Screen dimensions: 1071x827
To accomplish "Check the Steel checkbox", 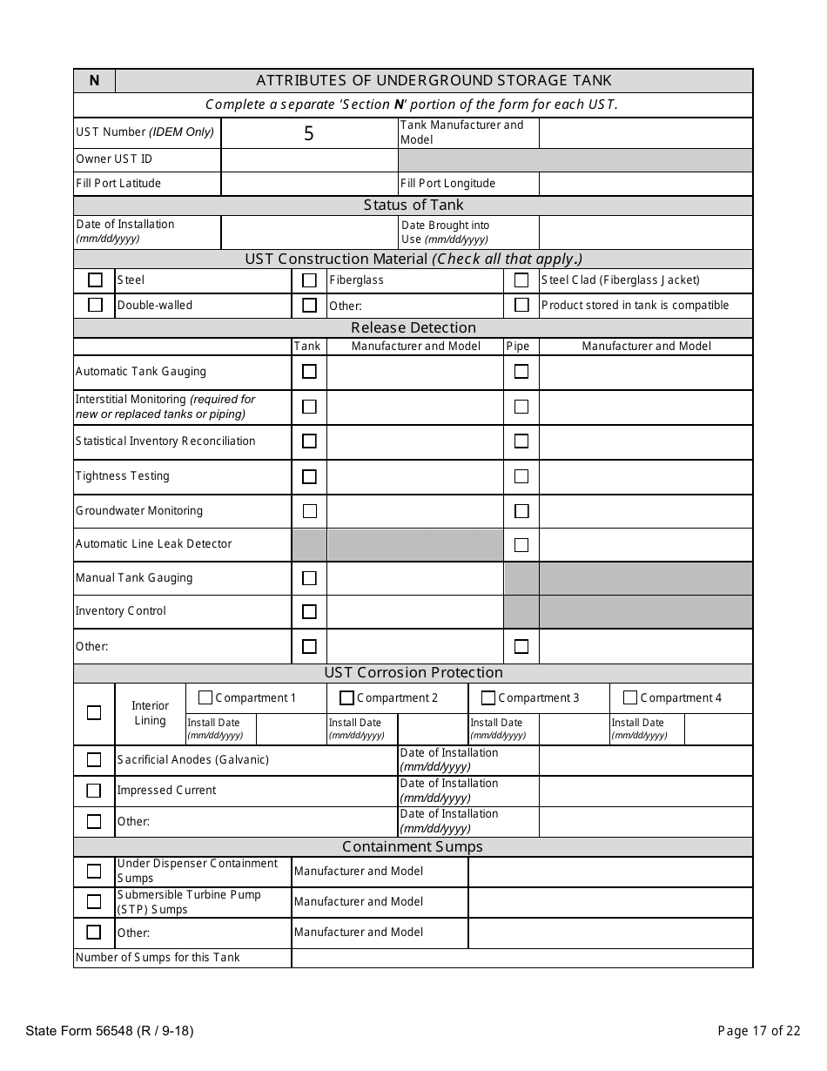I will point(95,280).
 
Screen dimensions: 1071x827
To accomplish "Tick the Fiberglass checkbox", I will point(309,280).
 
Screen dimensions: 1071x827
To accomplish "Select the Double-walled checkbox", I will point(95,306).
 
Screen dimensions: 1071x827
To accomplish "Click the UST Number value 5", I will point(308,134).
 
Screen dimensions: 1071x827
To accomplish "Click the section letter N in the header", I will point(94,81).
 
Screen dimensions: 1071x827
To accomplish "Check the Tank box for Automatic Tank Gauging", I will point(309,372).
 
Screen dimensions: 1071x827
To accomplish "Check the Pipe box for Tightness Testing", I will point(521,476).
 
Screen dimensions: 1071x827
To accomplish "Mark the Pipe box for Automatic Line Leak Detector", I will point(521,545).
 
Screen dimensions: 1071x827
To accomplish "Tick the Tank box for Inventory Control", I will point(309,612).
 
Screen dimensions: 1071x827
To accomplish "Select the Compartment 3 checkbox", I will point(488,698).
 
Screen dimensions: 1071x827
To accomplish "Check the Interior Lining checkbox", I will point(94,712).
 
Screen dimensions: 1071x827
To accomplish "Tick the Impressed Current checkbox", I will point(94,791).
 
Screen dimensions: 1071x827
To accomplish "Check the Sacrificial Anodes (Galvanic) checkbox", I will point(94,760).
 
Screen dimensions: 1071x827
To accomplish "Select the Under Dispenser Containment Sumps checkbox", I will point(94,872).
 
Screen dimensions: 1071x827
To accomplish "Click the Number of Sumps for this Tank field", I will point(521,958).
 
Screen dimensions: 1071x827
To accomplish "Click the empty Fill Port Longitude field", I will point(645,184).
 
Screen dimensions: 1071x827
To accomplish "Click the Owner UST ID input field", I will point(309,159).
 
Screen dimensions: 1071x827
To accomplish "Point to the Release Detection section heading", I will point(413,328).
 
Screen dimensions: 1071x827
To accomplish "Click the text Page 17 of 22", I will point(758,1032).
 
